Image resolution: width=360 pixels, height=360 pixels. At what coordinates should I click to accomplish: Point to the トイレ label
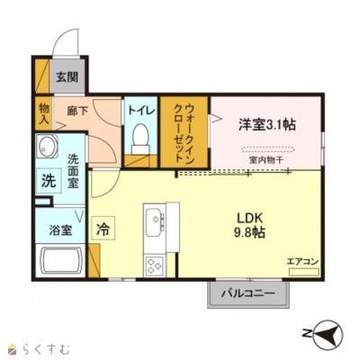(x=140, y=110)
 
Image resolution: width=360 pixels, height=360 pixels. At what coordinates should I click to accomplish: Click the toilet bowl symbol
(x=139, y=138)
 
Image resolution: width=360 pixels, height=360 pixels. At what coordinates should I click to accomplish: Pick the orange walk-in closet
(x=184, y=131)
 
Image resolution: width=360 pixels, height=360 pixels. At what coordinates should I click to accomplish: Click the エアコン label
(x=302, y=262)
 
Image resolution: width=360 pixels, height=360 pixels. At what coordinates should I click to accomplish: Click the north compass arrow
(x=328, y=335)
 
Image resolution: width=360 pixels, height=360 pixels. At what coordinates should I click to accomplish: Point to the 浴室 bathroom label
(x=60, y=229)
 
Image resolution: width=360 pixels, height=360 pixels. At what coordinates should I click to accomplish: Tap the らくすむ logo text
(x=40, y=347)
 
